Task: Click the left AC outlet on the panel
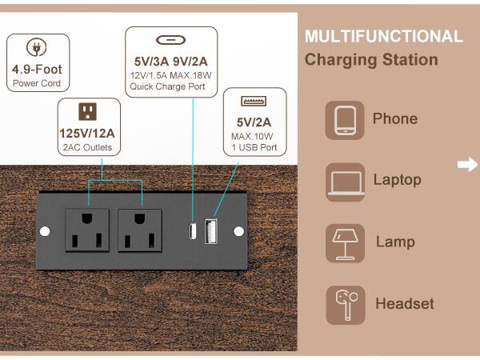(x=88, y=231)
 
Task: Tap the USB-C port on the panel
(x=193, y=231)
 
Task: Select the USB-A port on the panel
(x=212, y=231)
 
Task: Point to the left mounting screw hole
(x=45, y=231)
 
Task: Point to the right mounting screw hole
(x=238, y=231)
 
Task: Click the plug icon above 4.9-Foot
(x=35, y=47)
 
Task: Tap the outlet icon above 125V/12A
(x=88, y=110)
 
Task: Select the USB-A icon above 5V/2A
(x=253, y=102)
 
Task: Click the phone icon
(x=345, y=120)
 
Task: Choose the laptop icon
(x=345, y=182)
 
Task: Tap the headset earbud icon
(x=345, y=305)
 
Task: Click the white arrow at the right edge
(x=467, y=166)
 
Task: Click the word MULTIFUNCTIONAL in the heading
(x=383, y=37)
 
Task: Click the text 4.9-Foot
(x=37, y=70)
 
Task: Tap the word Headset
(x=405, y=304)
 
